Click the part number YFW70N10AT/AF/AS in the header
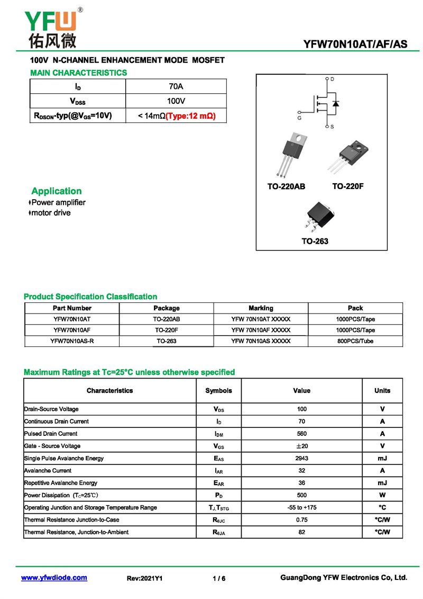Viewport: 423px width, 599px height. click(355, 44)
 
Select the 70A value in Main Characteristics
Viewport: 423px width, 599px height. click(176, 86)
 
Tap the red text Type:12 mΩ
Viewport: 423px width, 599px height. click(191, 115)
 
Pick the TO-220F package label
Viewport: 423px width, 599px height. click(348, 186)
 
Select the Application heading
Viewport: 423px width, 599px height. click(57, 191)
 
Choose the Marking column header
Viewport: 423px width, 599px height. click(261, 308)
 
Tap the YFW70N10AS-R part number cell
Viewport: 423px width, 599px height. click(72, 341)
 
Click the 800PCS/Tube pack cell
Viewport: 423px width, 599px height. click(355, 341)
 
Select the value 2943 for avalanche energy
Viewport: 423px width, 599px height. click(301, 458)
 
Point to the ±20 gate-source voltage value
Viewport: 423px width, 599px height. click(301, 446)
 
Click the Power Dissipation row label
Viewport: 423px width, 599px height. click(61, 495)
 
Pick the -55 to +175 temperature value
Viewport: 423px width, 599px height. click(301, 507)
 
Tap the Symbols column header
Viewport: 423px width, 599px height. click(218, 391)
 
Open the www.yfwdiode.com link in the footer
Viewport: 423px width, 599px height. click(54, 578)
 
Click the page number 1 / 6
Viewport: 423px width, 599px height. click(219, 578)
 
